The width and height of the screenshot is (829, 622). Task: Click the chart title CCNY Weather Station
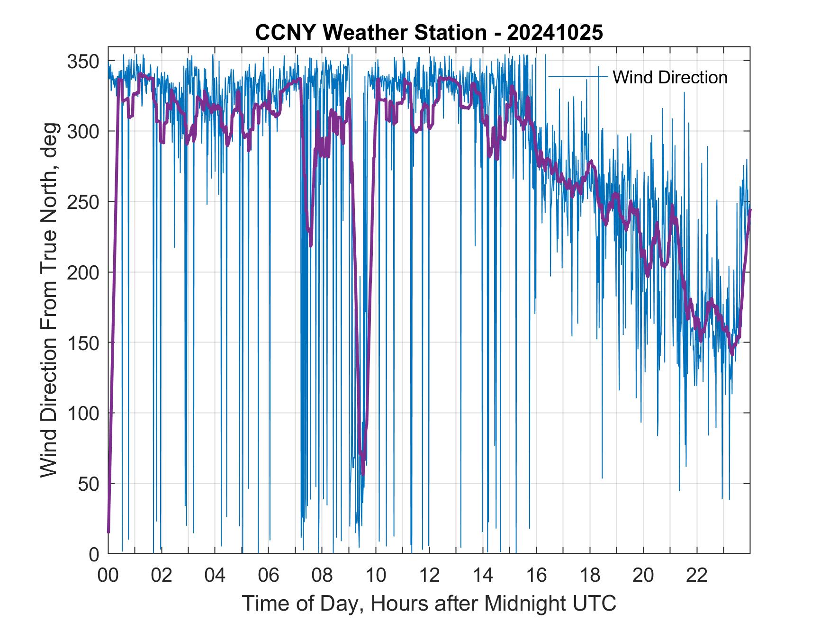pos(429,33)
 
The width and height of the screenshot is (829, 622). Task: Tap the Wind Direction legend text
pos(670,77)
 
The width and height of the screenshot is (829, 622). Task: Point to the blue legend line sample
pos(577,76)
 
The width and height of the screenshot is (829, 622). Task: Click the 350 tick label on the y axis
pos(83,61)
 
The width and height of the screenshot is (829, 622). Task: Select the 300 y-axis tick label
pos(83,131)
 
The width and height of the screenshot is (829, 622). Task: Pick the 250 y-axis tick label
pos(83,202)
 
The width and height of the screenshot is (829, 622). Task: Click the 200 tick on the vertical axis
pos(83,272)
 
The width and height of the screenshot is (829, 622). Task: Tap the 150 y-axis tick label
pos(83,343)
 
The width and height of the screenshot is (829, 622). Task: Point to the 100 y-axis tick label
pos(83,414)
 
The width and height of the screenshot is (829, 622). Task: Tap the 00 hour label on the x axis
pos(108,576)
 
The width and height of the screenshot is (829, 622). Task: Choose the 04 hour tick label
pos(215,576)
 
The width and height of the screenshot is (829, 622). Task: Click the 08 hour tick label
pos(322,576)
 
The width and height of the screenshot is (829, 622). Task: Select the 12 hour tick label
pos(429,576)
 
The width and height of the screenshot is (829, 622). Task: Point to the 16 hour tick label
pos(536,576)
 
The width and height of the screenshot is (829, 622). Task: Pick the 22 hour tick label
pos(697,576)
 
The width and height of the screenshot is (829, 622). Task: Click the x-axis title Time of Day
pos(429,604)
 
